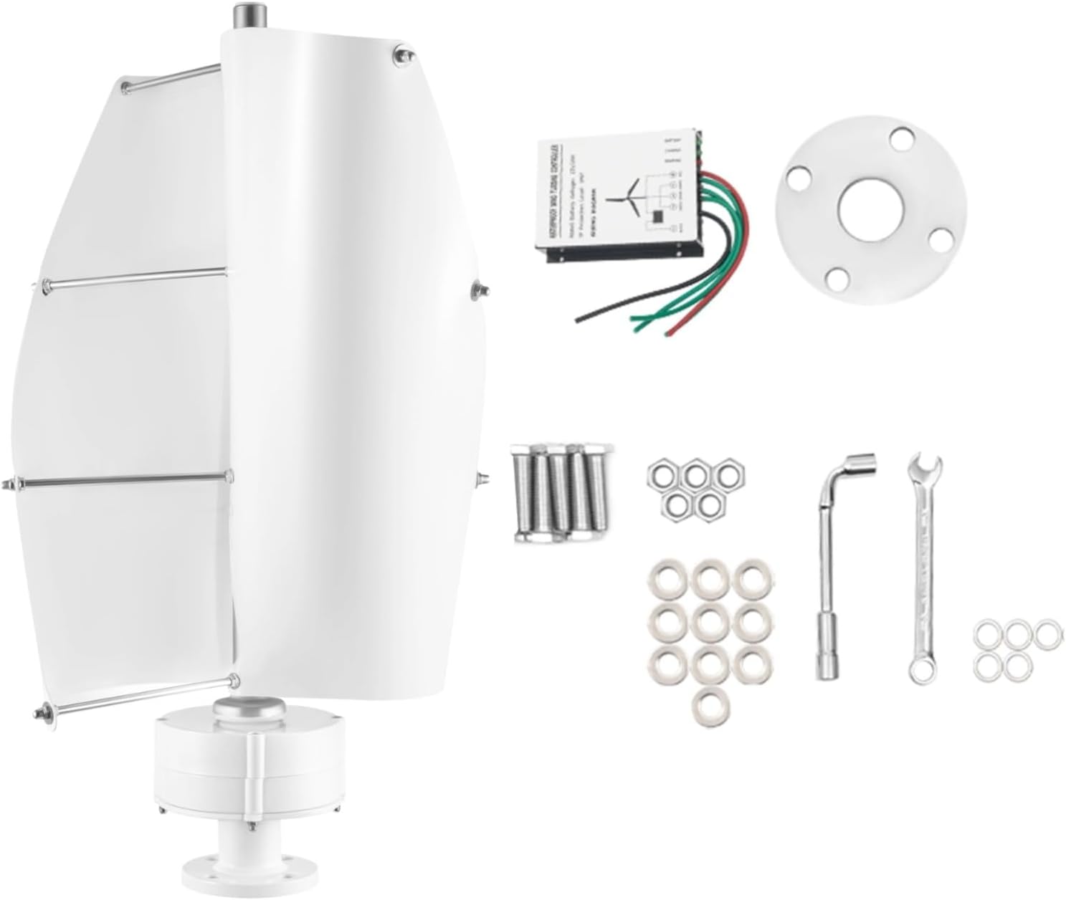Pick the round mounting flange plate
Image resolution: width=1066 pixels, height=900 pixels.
(810, 244)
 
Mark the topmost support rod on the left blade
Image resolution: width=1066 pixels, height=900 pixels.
(172, 77)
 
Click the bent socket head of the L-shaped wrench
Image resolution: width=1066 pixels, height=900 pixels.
(860, 462)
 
